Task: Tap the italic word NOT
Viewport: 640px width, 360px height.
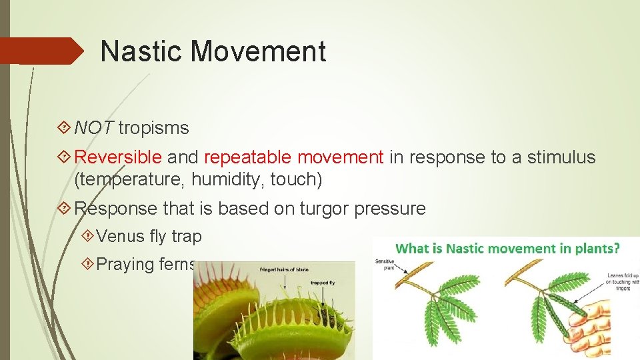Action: coord(94,127)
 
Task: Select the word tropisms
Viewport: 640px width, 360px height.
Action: coord(154,127)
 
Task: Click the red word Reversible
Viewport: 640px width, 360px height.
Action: coord(118,157)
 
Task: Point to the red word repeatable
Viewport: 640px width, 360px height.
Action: coord(248,157)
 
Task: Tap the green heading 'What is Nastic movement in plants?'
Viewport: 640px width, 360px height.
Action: coord(507,249)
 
